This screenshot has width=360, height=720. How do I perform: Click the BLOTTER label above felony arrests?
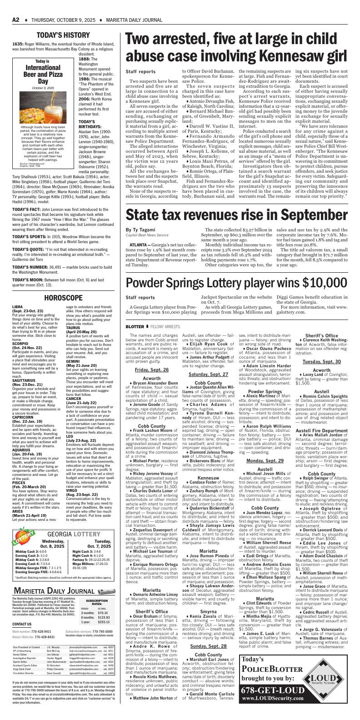click(x=135, y=326)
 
